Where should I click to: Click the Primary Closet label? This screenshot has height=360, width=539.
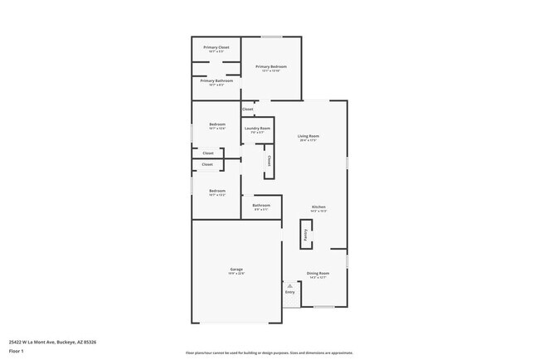point(216,47)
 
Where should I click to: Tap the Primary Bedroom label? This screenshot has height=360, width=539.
point(270,66)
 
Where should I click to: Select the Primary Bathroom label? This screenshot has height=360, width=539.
point(216,81)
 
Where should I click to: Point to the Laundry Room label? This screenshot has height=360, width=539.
point(257,129)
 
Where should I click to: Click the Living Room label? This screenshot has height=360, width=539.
point(308,136)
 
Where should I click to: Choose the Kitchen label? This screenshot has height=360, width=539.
point(318,207)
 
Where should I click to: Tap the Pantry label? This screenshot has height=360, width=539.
point(305,235)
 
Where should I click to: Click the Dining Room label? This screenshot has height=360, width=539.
point(318,273)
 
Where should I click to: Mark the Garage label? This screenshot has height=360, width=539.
point(236,270)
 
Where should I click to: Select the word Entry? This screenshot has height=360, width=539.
point(290,292)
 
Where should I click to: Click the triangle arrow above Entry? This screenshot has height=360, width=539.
point(290,285)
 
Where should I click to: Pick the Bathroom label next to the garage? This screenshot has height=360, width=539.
point(261,205)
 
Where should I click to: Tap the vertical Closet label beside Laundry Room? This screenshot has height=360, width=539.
point(269,161)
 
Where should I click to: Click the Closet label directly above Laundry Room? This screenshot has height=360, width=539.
point(248,109)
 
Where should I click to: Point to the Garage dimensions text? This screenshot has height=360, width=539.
point(236,275)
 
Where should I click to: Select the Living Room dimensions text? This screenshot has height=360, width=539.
point(308,141)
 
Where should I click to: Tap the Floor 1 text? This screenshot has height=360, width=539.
point(17,351)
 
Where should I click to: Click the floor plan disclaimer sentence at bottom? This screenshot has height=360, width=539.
point(269,353)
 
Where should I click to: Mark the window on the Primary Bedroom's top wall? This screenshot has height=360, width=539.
point(272,36)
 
